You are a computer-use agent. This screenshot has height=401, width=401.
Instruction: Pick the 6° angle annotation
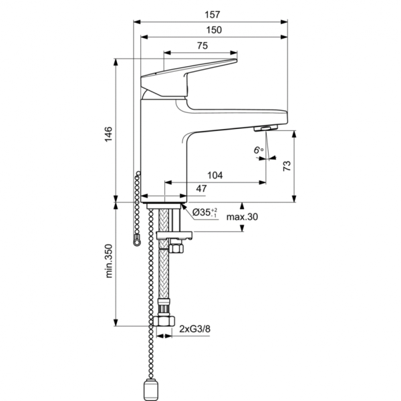click(259, 151)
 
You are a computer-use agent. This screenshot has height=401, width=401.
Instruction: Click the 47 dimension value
click(201, 189)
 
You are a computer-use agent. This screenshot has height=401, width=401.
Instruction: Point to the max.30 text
click(242, 217)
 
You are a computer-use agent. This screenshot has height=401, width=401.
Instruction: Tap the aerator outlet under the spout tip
click(267, 129)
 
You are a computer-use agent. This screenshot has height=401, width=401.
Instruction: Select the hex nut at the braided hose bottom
click(162, 321)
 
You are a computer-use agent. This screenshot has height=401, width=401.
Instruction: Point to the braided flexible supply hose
click(162, 281)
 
